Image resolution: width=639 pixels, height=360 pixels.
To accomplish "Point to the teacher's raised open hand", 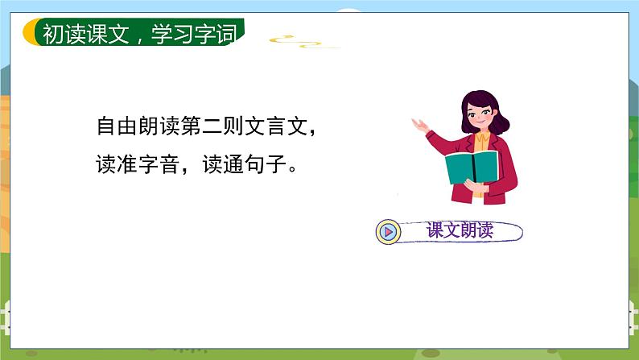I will click(419, 125).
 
